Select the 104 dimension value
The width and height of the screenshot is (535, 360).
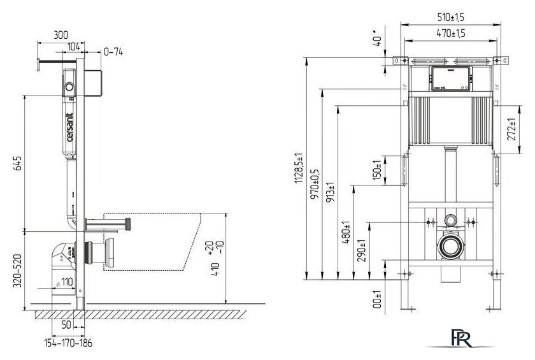tap(74, 47)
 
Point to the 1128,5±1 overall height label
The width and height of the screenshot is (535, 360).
tap(297, 170)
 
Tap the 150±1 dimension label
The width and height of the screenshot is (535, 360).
tap(376, 170)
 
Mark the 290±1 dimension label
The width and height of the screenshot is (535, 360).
tap(361, 250)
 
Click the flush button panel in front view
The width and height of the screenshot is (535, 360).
tap(450, 78)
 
